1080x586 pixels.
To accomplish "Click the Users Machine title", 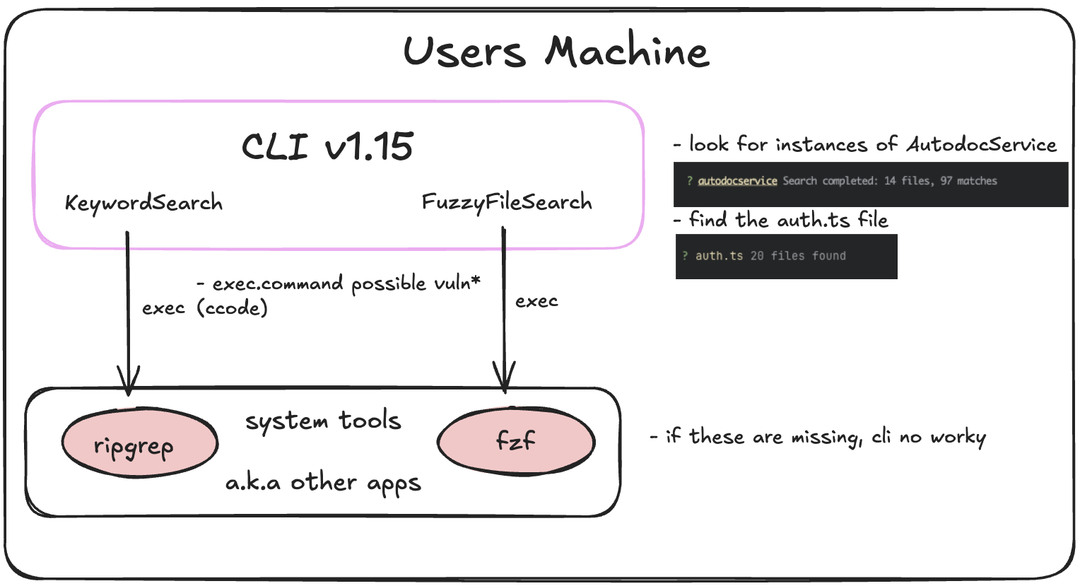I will [556, 52].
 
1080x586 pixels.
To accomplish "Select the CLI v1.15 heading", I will [327, 146].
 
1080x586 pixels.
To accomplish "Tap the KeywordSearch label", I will [143, 204].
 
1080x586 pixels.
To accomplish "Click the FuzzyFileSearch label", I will [507, 203].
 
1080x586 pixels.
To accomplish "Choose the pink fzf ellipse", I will [516, 442].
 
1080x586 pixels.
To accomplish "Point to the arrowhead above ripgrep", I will [128, 380].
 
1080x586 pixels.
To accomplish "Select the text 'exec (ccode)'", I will [205, 308].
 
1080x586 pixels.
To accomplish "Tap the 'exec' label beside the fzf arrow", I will [536, 302].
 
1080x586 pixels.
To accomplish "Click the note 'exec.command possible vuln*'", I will [339, 283].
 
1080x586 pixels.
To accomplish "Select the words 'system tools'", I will [323, 421].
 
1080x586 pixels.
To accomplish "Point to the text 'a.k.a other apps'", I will [323, 483].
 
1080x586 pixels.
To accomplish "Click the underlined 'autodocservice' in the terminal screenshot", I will [737, 181].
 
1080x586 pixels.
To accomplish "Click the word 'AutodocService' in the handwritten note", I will [981, 145].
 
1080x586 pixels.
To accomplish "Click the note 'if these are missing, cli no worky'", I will [818, 438].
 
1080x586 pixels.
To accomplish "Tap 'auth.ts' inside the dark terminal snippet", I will [719, 256].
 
